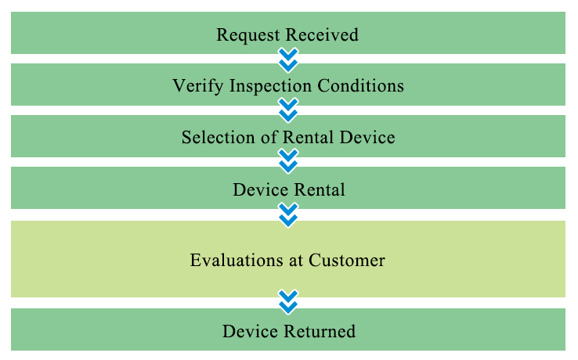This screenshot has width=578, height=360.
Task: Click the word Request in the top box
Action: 248,36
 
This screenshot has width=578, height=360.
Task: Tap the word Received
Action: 322,35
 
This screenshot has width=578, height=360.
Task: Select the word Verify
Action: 198,87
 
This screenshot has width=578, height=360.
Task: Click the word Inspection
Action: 270,87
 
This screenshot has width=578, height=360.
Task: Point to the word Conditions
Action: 360,85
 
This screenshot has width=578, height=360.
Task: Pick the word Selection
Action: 218,138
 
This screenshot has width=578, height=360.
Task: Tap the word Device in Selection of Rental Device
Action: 367,138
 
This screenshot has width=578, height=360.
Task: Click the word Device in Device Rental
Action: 261,189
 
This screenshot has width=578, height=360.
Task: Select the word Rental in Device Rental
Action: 320,189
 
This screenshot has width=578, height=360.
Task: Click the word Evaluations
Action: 237,260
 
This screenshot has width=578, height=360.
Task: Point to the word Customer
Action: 347,260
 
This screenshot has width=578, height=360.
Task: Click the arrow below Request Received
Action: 288,60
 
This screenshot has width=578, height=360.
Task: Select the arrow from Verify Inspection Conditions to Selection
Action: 288,110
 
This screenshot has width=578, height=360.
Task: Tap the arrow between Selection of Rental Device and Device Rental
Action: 288,161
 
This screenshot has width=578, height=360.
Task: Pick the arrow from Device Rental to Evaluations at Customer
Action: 288,215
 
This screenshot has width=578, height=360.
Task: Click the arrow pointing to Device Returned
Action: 288,302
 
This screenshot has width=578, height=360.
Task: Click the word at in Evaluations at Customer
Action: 296,261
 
